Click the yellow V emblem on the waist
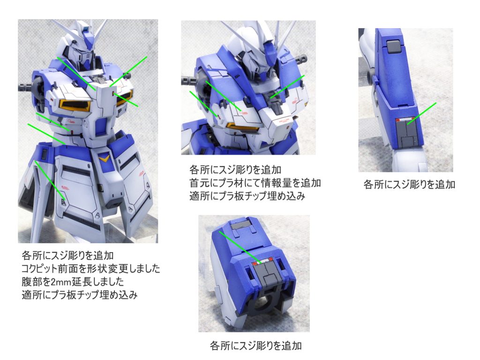[x=105, y=158]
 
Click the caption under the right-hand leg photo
[x=409, y=184]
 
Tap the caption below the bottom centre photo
[x=255, y=345]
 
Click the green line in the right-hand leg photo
[x=422, y=113]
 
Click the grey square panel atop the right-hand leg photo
[x=393, y=46]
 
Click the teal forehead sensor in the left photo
[x=87, y=30]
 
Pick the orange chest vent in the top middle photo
[x=242, y=127]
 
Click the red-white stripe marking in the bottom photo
[x=262, y=261]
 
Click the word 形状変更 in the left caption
[x=110, y=269]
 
